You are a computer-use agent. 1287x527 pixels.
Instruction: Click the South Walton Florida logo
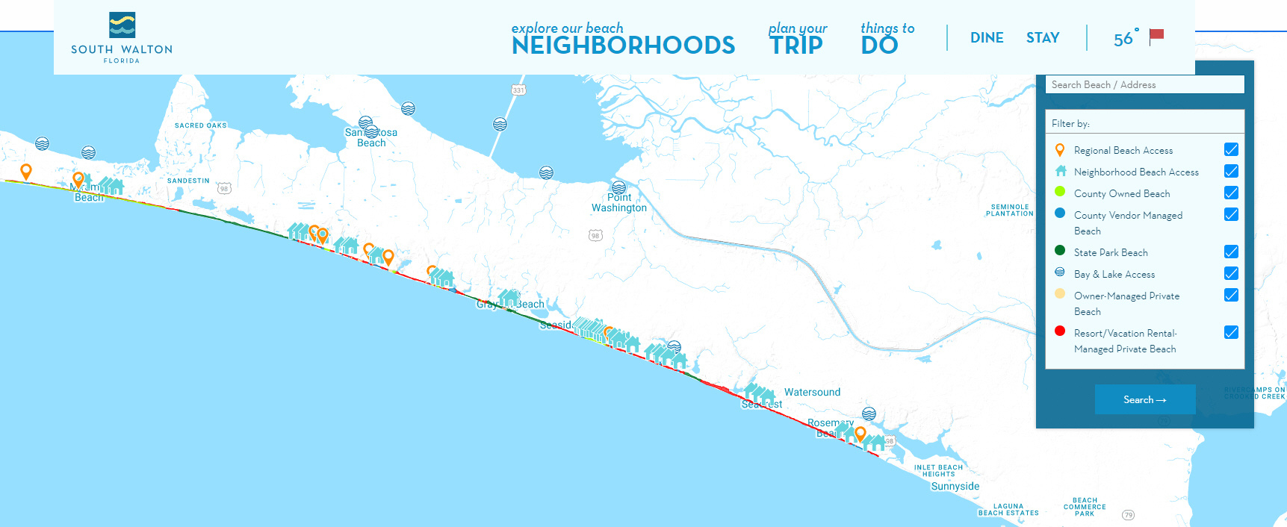[122, 37]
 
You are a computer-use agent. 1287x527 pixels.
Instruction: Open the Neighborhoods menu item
[623, 39]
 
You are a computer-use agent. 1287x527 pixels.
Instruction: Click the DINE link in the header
[987, 38]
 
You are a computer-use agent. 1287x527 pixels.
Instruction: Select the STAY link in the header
[1043, 38]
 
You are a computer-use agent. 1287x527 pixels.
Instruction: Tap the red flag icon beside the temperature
[1156, 36]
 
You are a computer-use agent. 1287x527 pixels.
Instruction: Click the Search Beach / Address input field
[1144, 85]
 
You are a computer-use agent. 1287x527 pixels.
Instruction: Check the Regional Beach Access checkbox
[1231, 149]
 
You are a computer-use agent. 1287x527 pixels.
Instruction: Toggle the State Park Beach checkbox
[1231, 252]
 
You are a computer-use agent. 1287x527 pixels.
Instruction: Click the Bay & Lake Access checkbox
[1231, 273]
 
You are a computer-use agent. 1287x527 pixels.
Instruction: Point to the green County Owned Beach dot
[1059, 192]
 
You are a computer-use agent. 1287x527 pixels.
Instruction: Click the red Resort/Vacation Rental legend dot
[1059, 331]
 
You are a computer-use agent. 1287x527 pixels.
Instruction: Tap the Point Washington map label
[619, 203]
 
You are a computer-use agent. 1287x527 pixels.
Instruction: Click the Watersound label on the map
[812, 392]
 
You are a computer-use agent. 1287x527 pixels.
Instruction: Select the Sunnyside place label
[955, 486]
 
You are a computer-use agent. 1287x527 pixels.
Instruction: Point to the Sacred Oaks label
[200, 125]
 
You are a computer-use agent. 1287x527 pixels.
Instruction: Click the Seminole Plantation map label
[1009, 210]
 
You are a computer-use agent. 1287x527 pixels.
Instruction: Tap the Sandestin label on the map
[188, 181]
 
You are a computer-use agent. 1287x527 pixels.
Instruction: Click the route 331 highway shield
[518, 90]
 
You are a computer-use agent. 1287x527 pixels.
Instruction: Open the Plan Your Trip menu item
[797, 39]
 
